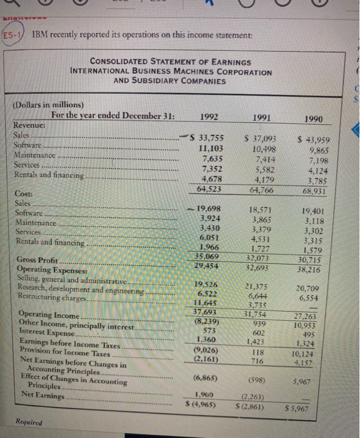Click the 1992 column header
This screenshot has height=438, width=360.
[x=211, y=116]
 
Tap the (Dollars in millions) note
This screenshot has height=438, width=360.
[x=50, y=104]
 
